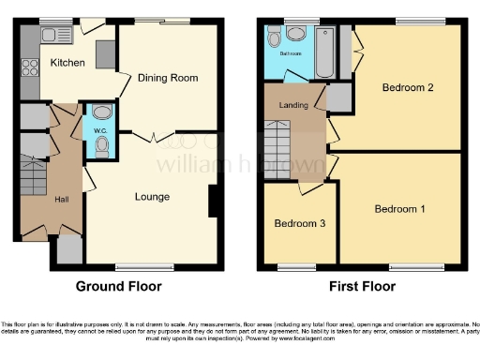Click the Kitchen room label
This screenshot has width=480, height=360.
coord(67,63)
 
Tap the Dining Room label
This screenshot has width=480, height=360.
coord(169,78)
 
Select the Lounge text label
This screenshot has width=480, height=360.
coord(152,197)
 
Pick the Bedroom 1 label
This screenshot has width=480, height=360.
coord(400,208)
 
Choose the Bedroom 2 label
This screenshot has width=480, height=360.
coord(407,88)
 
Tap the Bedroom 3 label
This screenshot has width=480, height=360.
coord(300,224)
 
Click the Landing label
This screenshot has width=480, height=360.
coord(293,104)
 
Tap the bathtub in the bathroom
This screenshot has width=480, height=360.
coord(325,52)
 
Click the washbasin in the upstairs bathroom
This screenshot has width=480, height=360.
coord(296,34)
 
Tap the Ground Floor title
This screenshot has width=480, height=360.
coord(118,287)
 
